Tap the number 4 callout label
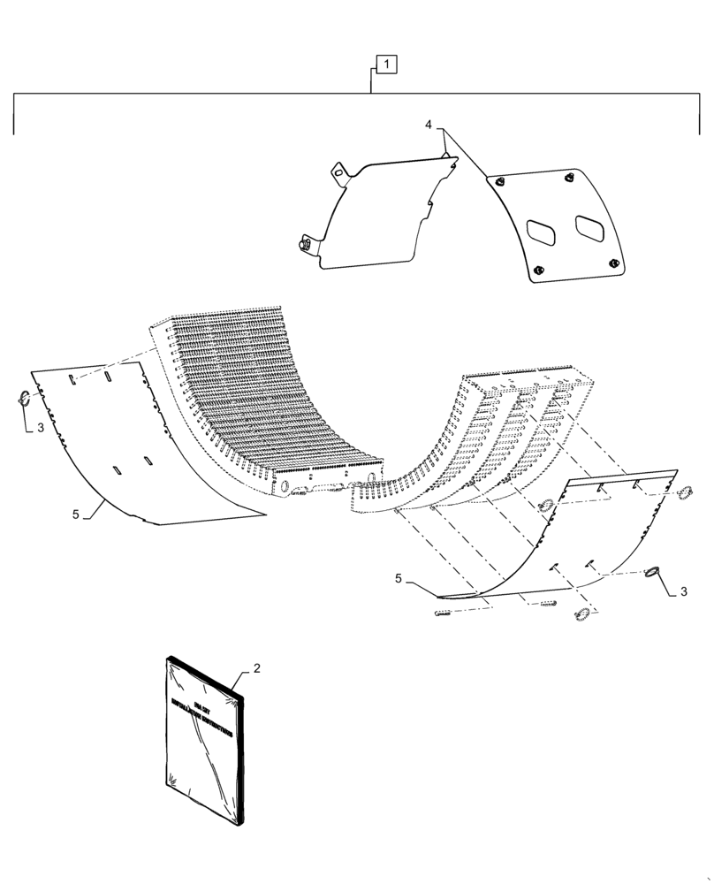(429, 126)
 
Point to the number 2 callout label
(257, 669)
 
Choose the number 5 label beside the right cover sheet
(399, 578)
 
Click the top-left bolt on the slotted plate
(500, 181)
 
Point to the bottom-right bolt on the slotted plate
(613, 263)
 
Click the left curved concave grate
(265, 398)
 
